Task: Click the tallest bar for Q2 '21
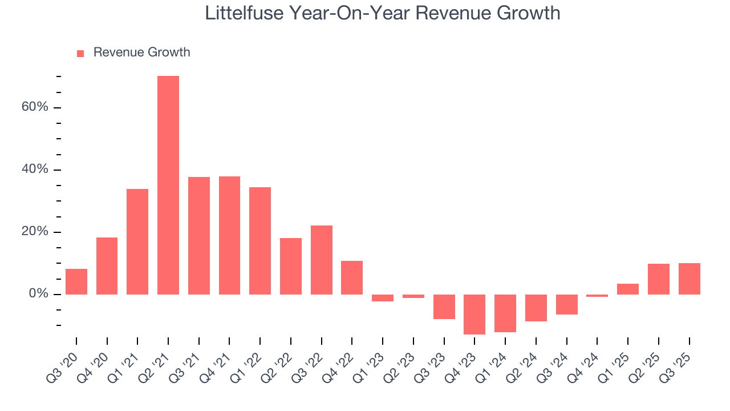pos(168,185)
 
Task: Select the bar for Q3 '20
pos(76,281)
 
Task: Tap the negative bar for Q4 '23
pos(474,314)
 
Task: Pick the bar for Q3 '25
pos(689,279)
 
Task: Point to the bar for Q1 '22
pos(260,240)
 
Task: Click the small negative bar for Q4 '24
pos(597,296)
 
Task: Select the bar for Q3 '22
pos(321,260)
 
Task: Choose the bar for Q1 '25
pos(628,289)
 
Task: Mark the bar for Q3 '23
pos(444,307)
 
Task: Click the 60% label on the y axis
pos(35,108)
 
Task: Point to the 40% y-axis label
pos(35,170)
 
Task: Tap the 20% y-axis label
pos(35,232)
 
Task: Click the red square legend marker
pos(80,53)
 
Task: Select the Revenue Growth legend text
pos(141,53)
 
